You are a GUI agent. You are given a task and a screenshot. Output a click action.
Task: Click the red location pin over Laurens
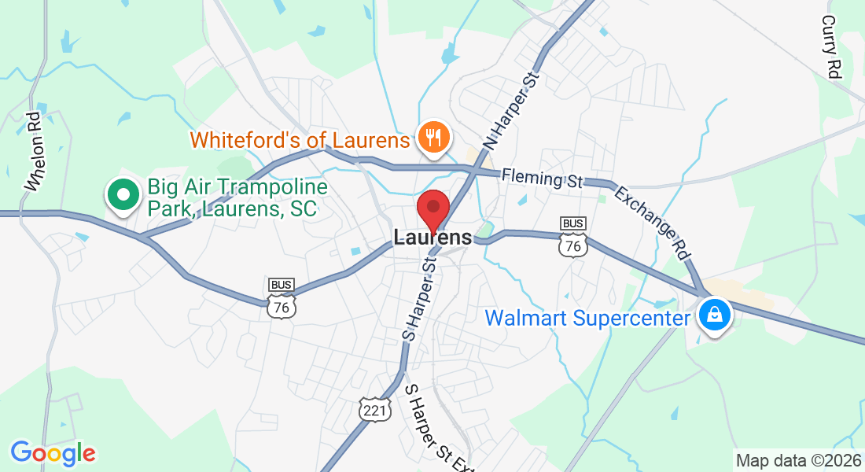[x=432, y=208]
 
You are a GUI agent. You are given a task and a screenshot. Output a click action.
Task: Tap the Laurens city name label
[x=433, y=237]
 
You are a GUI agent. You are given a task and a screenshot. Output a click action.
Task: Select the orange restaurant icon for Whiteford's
[x=432, y=138]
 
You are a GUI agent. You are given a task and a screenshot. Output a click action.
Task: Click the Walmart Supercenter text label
[x=587, y=319]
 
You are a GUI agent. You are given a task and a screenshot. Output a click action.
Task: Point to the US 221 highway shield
[x=375, y=408]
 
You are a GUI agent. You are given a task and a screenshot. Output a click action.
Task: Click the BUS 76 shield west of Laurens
[x=282, y=297]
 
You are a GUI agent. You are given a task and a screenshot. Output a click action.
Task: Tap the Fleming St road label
[x=542, y=178]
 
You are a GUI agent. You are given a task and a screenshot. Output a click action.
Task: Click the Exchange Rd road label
[x=653, y=223]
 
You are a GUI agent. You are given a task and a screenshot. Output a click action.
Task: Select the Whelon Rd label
[x=33, y=152]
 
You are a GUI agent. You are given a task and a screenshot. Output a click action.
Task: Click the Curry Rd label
[x=831, y=46]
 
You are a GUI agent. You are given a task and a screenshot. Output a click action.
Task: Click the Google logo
[x=53, y=453]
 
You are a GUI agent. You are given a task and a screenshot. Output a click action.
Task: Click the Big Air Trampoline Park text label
[x=232, y=198]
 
